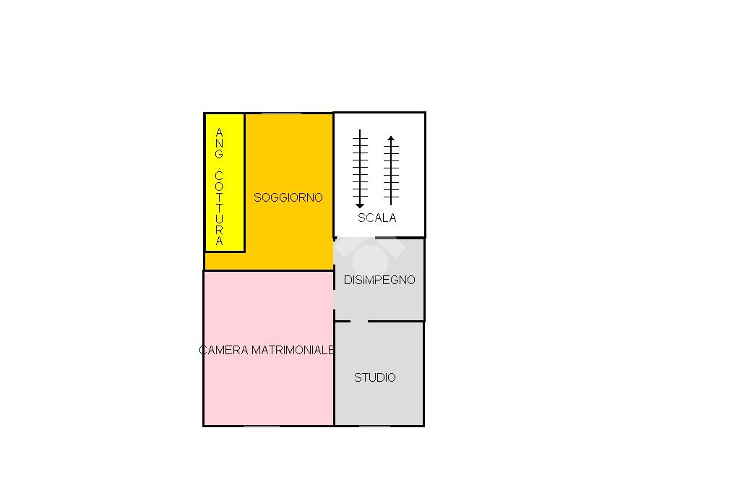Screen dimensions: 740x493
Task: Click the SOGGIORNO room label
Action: (288, 197)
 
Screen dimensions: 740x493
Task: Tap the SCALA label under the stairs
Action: (377, 218)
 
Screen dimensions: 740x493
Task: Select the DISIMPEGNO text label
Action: (379, 280)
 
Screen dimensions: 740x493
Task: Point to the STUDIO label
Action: (375, 377)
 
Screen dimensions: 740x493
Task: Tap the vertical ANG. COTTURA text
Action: (220, 187)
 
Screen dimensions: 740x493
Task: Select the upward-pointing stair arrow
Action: (391, 169)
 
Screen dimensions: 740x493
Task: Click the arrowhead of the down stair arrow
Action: (360, 205)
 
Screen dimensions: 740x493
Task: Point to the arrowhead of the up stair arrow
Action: (391, 138)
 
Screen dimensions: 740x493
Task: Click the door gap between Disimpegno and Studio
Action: (359, 321)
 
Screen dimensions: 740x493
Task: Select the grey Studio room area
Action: (379, 401)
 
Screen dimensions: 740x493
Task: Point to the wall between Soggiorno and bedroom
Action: (267, 270)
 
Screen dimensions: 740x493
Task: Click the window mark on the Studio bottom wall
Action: (374, 426)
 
